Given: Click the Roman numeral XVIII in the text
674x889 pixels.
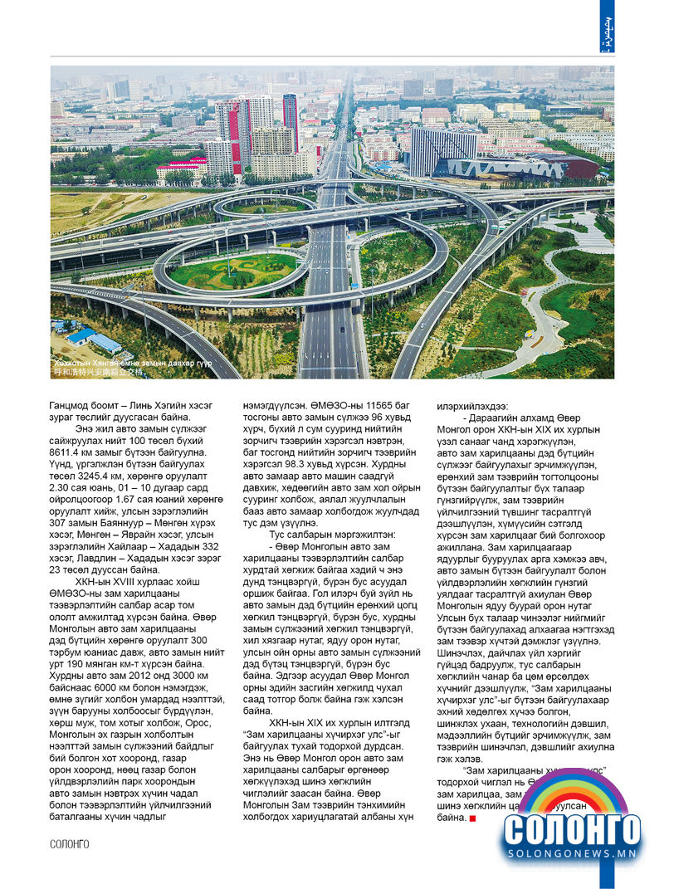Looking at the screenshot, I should tap(118, 581).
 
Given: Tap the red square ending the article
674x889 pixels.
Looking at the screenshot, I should tap(472, 818).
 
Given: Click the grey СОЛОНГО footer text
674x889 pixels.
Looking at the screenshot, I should tap(69, 844).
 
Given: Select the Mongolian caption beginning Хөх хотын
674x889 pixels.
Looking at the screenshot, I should tap(133, 364).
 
